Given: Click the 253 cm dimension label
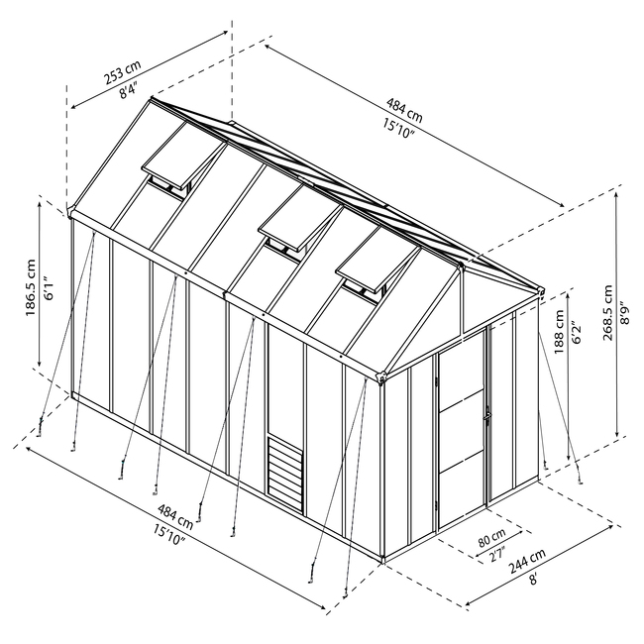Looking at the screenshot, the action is coord(122,71).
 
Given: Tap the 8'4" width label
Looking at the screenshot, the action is coord(128,90).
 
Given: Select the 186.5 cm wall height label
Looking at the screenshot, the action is coord(32,287).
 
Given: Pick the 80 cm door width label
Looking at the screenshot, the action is coord(491,537).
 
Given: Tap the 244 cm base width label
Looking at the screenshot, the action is coord(527,560).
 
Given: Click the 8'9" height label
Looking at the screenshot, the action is coord(625,313).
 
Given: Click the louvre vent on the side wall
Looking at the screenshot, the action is coord(285,475).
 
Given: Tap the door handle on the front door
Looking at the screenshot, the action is coord(487,414).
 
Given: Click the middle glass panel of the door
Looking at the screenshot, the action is coord(462,431).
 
